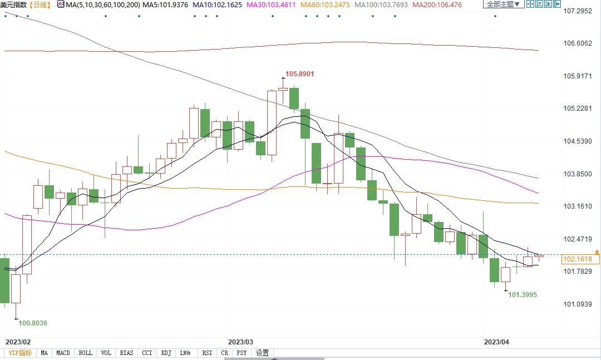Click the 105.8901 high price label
[x=300, y=73]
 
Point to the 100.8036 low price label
[x=33, y=323]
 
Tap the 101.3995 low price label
[x=523, y=294]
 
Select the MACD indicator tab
[x=63, y=353]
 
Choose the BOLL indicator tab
[x=85, y=353]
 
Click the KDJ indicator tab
[x=166, y=353]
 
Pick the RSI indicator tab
[x=207, y=353]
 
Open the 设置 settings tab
[x=262, y=353]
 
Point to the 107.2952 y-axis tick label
[x=577, y=11]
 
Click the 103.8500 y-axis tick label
[x=577, y=174]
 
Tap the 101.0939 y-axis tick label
[x=577, y=304]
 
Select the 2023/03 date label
[x=240, y=342]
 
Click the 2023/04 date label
[x=496, y=342]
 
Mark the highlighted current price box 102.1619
[x=580, y=259]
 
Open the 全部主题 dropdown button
[x=503, y=4]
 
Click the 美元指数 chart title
[x=14, y=4]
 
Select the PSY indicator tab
[x=242, y=353]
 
